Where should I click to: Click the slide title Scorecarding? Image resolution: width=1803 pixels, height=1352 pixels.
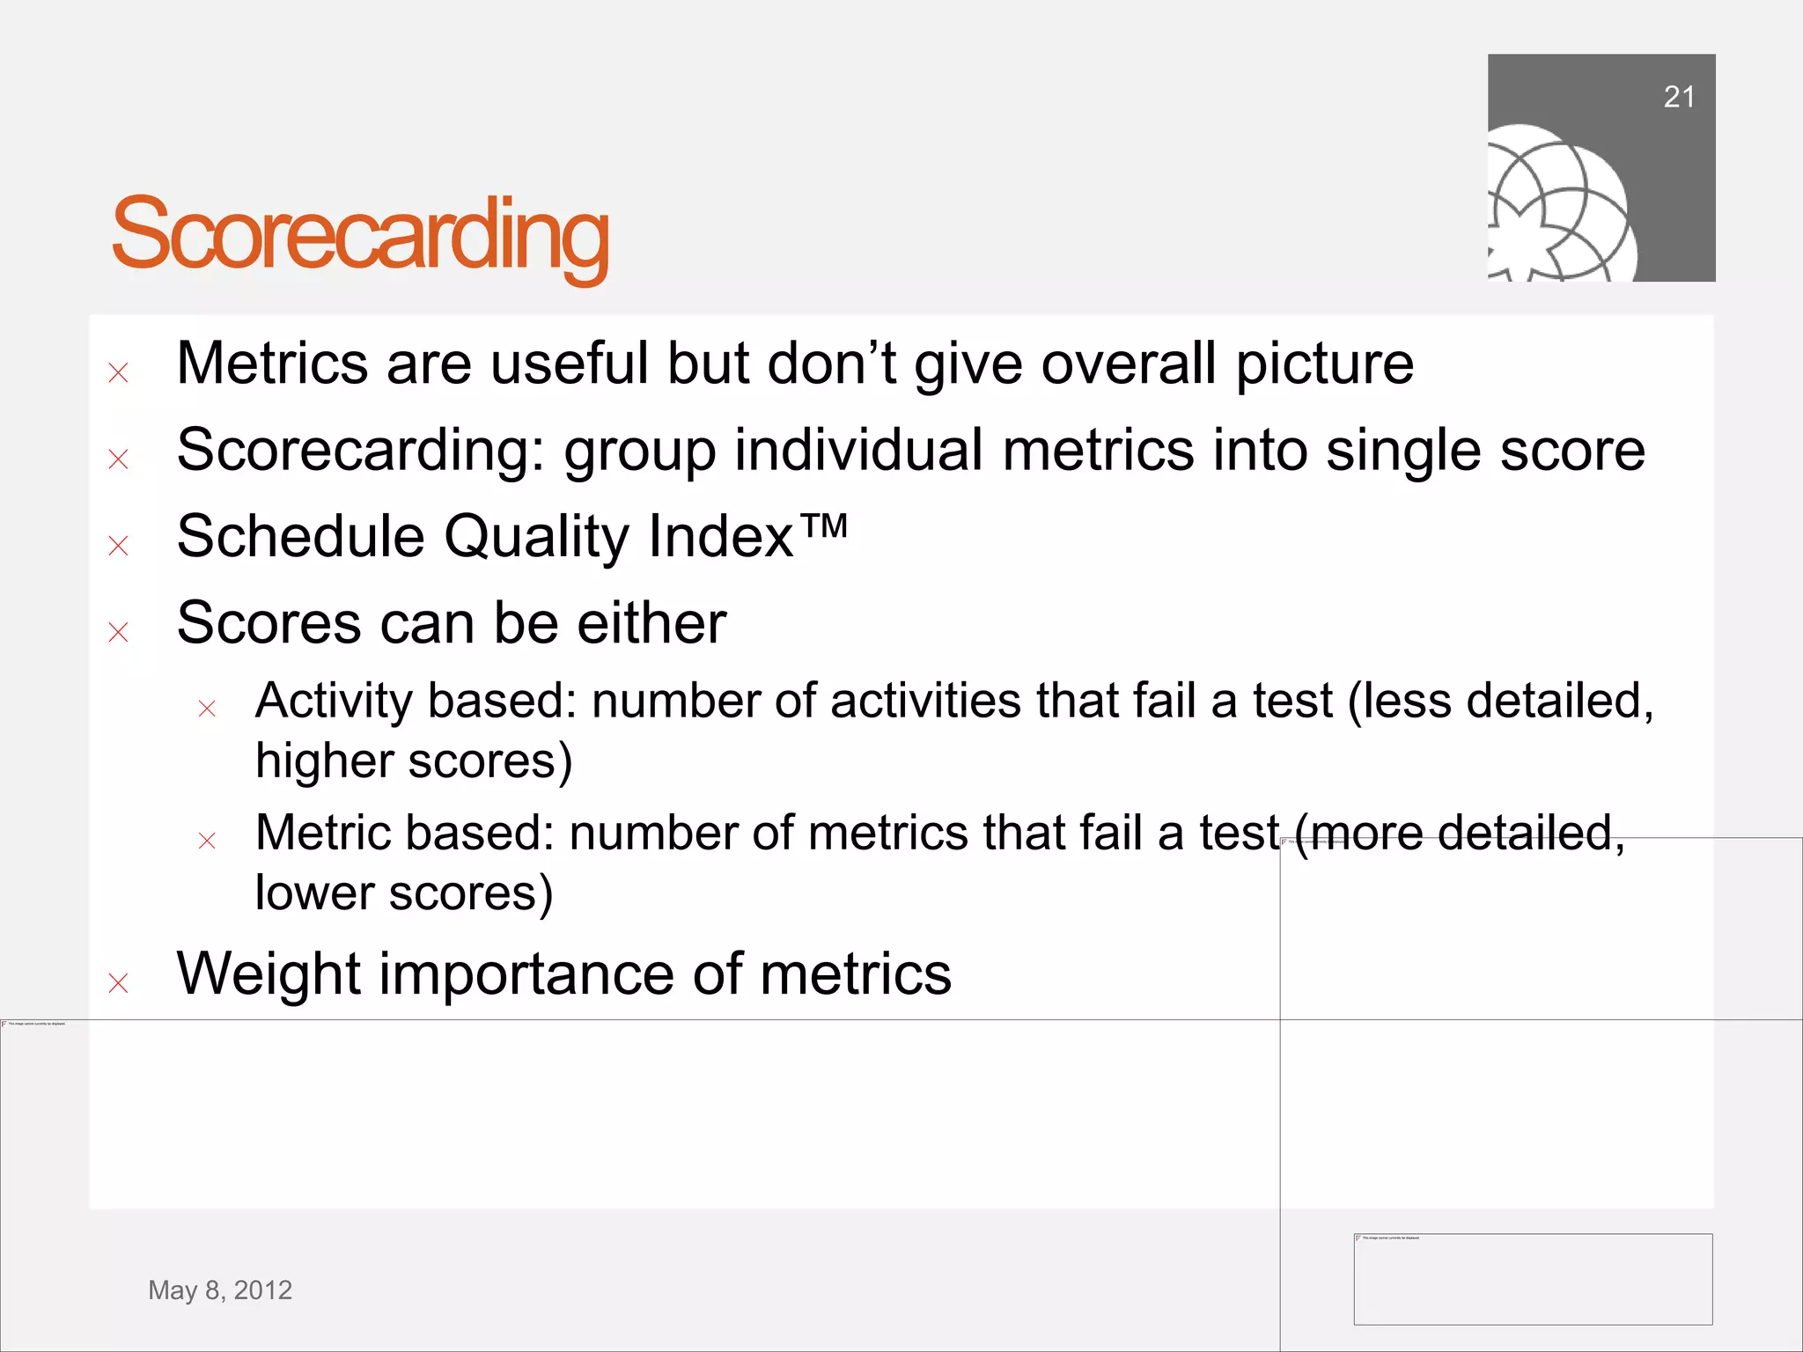click(x=360, y=234)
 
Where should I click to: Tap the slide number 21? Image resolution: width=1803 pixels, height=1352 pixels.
click(x=1678, y=97)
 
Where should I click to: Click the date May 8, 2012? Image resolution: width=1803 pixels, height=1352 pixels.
click(x=220, y=1290)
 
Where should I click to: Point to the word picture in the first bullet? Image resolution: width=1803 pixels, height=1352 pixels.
click(x=1324, y=365)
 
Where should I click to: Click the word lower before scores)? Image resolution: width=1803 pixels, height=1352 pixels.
click(x=314, y=893)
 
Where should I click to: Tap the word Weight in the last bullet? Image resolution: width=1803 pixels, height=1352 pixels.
click(x=269, y=974)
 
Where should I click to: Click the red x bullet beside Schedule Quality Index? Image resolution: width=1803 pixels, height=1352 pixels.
click(x=118, y=546)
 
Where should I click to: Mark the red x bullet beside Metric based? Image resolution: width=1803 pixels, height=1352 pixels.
click(x=207, y=841)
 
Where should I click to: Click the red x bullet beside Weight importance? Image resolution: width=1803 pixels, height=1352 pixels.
click(x=118, y=982)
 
